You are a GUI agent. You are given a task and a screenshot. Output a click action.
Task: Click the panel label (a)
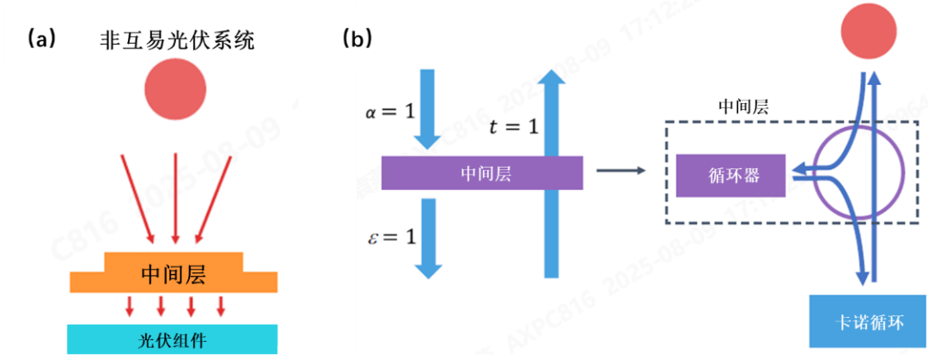pos(41,39)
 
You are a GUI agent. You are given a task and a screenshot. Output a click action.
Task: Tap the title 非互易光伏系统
pos(175,40)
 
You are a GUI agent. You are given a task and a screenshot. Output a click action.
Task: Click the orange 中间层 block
pos(175,274)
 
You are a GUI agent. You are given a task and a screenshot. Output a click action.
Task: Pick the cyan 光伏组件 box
pos(173,339)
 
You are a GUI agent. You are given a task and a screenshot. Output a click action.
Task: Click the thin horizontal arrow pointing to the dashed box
pos(620,170)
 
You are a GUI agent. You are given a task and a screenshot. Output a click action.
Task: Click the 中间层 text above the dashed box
pos(742,108)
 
